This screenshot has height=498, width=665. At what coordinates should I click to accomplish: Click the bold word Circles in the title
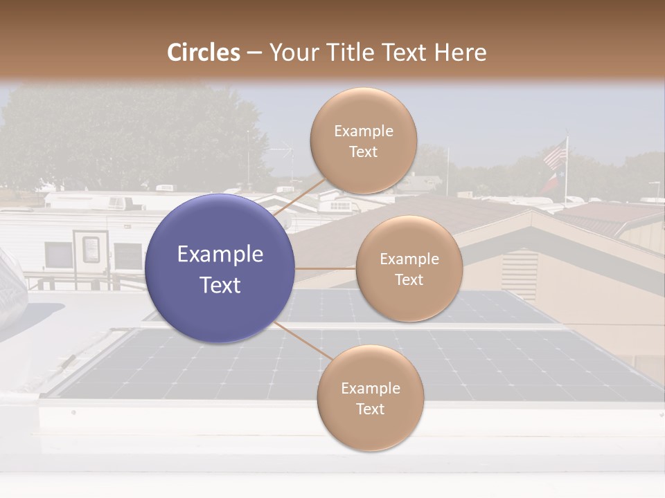pos(203,53)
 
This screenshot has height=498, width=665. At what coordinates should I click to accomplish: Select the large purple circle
pos(220,268)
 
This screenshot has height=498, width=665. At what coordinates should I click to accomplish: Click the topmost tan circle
pos(363,141)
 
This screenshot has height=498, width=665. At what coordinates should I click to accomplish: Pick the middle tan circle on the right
pos(409,269)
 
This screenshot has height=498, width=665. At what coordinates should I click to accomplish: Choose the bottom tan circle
pos(370,398)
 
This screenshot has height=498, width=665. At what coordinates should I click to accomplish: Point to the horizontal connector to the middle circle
pos(326,268)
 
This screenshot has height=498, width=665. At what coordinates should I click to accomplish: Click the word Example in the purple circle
pos(220,255)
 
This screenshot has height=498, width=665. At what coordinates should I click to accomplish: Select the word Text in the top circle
pos(363,151)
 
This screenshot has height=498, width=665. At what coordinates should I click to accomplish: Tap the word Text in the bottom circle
pos(370,409)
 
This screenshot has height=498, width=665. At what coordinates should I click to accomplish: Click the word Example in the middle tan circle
pos(409,259)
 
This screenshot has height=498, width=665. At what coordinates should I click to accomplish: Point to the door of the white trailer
pos(91,250)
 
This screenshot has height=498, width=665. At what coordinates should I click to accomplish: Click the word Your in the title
pos(292,53)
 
